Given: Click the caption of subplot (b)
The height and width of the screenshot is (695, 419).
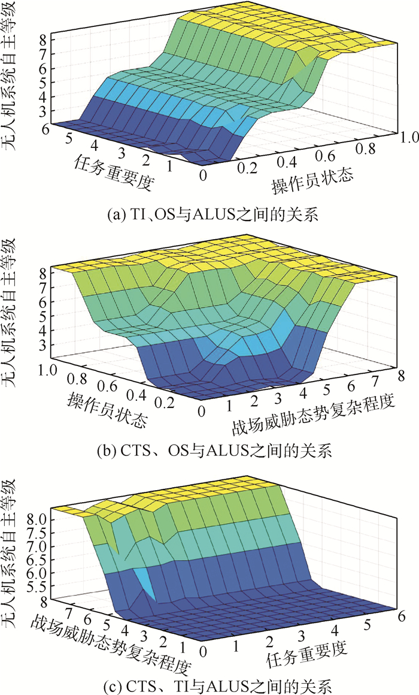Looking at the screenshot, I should coord(209,449).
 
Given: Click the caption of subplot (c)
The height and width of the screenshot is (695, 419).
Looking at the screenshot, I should coord(209,684).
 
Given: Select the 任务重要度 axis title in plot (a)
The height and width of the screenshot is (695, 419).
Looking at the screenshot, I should coord(112,171).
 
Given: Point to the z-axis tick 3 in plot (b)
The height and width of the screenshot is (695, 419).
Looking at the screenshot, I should coord(43,345).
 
